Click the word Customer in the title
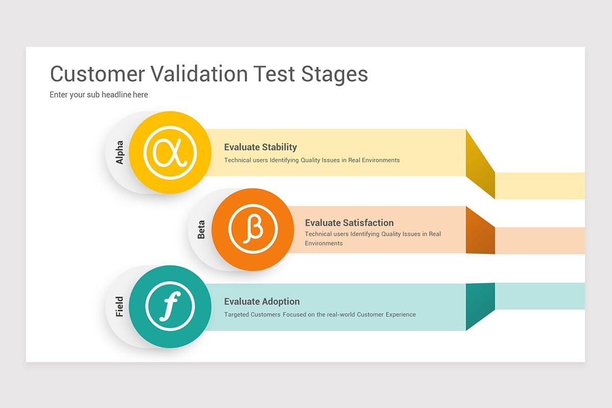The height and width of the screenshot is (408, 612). tap(97, 74)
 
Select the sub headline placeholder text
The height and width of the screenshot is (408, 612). tap(99, 95)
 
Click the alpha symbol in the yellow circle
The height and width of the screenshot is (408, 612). tap(170, 152)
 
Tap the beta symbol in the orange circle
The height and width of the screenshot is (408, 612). tap(253, 229)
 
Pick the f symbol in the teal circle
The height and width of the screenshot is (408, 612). tap(169, 307)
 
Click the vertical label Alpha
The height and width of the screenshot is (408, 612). tap(120, 153)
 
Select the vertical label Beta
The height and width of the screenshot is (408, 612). tap(201, 229)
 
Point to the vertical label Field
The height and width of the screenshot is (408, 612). tap(120, 307)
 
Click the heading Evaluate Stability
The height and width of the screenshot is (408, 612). tap(260, 147)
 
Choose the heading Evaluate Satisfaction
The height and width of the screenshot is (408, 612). tap(349, 223)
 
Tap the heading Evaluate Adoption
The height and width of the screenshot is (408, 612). tap(262, 301)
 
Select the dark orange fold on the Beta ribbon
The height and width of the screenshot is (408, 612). tap(480, 232)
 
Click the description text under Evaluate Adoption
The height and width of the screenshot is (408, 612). tap(320, 315)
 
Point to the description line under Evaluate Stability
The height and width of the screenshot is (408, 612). tap(312, 160)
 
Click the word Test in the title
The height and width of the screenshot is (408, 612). tap(275, 74)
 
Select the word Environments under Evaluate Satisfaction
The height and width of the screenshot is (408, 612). tap(324, 243)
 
